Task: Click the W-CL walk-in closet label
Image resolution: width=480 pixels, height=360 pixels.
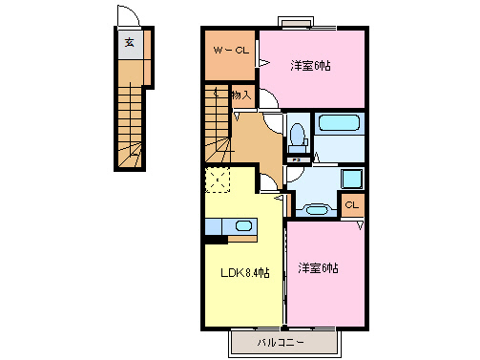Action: click(x=229, y=51)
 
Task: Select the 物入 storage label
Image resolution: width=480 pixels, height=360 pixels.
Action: click(x=241, y=95)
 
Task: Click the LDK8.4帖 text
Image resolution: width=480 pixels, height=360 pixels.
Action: click(x=244, y=274)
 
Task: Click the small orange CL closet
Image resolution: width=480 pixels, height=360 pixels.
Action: click(x=351, y=204)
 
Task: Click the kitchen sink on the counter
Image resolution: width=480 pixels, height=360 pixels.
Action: click(x=244, y=226)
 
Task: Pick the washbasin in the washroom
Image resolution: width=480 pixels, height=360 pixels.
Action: click(x=314, y=206)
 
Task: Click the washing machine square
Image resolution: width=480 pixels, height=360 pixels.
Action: click(x=351, y=178)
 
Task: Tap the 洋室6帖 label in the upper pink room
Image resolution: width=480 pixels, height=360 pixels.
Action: click(x=310, y=65)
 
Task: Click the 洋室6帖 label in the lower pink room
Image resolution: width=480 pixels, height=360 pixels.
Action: click(x=319, y=267)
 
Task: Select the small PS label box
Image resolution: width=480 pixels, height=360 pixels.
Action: click(x=297, y=159)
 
